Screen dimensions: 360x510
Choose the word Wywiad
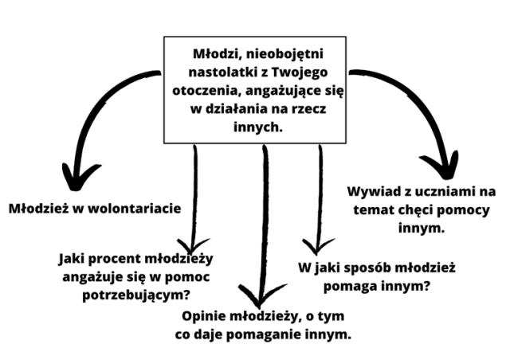click(x=374, y=192)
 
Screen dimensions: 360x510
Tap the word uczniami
click(x=441, y=192)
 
